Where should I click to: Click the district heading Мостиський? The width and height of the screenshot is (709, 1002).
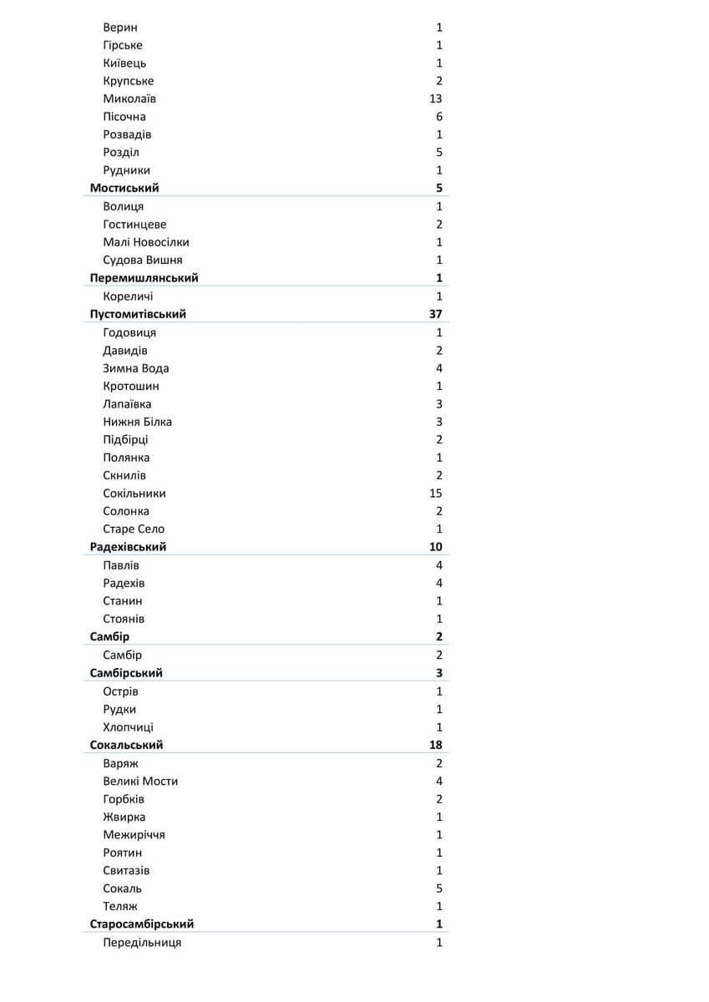124,188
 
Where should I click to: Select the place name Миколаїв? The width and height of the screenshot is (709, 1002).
129,99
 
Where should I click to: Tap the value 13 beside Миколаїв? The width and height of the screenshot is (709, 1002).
435,99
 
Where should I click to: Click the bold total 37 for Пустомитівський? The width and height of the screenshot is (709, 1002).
435,314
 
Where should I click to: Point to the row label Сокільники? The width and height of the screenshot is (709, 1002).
134,493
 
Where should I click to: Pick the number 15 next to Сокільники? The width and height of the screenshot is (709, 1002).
435,493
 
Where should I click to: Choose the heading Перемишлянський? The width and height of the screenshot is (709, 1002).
144,278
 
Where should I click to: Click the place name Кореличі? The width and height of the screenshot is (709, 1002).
128,296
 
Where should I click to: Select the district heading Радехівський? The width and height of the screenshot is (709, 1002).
128,547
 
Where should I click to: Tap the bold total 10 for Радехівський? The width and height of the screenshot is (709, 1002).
435,547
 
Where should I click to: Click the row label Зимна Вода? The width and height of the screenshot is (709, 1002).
136,368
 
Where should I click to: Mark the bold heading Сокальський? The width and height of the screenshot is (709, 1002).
126,745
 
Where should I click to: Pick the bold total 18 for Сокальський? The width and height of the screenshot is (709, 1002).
435,745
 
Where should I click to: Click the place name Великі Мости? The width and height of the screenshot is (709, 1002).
140,781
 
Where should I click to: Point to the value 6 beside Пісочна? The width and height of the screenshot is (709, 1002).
438,117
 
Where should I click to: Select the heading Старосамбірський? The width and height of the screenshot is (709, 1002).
142,924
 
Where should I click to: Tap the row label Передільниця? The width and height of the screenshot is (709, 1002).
142,943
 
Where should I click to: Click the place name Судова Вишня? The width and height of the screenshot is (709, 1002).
143,260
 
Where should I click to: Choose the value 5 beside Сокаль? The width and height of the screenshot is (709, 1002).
438,888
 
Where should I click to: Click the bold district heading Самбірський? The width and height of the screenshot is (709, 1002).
126,673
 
